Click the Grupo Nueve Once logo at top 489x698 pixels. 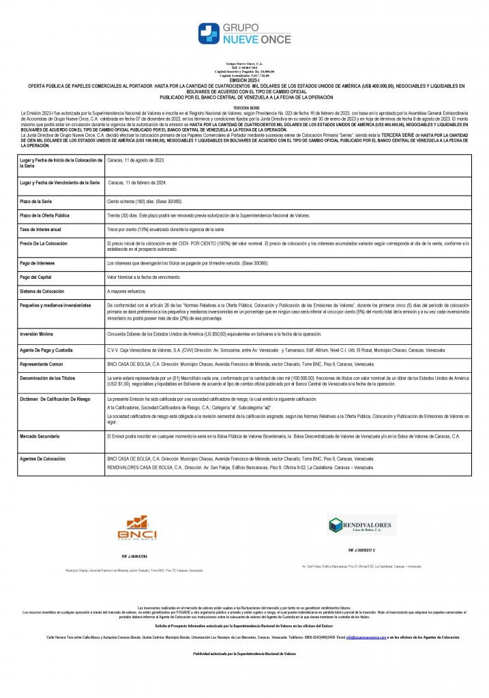[x=243, y=33]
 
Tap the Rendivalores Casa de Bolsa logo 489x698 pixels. [x=361, y=526]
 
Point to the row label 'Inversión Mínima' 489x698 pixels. [x=39, y=334]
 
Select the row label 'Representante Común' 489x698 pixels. [x=44, y=365]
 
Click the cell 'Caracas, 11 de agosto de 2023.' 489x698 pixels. [x=137, y=160]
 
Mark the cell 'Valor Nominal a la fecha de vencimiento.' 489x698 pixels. [x=144, y=277]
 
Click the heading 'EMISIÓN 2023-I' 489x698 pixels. [x=244, y=80]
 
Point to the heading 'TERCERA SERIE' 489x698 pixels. [x=244, y=107]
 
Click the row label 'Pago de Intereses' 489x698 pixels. [x=38, y=263]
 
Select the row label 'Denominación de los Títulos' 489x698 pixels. [x=48, y=378]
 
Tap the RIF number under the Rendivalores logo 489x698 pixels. [x=361, y=549]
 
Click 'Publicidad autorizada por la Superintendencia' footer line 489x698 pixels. [x=244, y=654]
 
